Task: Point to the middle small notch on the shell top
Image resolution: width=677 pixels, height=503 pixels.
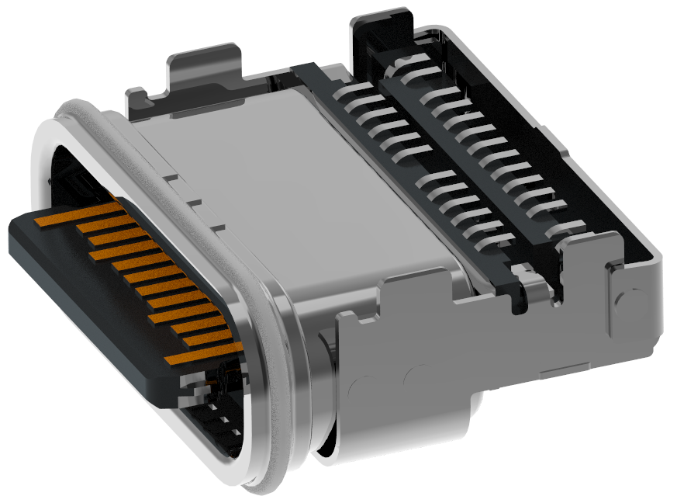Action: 195,203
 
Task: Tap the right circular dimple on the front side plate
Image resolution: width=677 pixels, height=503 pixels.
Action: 418,376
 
